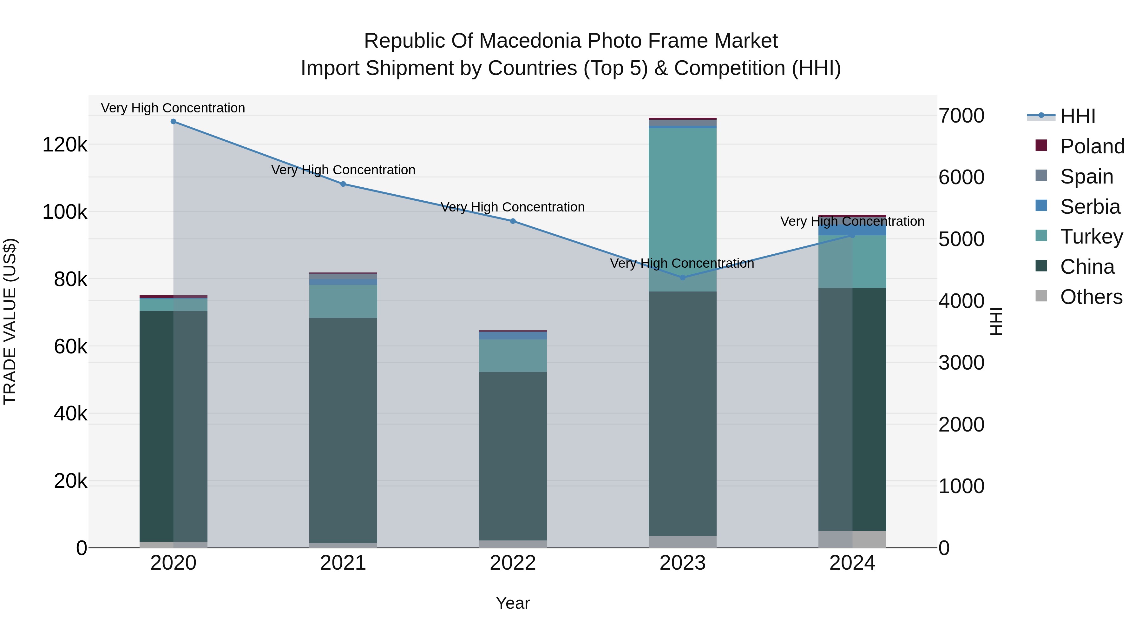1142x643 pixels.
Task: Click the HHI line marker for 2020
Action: [173, 122]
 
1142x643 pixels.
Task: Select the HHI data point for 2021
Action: [343, 184]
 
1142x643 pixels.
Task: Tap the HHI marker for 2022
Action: [513, 221]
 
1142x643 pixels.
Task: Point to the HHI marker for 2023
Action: [683, 278]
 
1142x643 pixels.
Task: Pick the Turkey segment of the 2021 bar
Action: [343, 301]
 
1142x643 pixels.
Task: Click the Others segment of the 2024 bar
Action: [852, 539]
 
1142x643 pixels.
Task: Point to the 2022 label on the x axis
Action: [513, 563]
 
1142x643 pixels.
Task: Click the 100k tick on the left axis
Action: [65, 212]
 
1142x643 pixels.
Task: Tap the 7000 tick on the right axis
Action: [962, 116]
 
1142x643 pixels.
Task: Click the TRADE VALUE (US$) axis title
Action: [10, 321]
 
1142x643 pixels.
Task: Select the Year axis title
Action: [513, 604]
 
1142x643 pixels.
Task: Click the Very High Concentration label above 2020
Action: [173, 108]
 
